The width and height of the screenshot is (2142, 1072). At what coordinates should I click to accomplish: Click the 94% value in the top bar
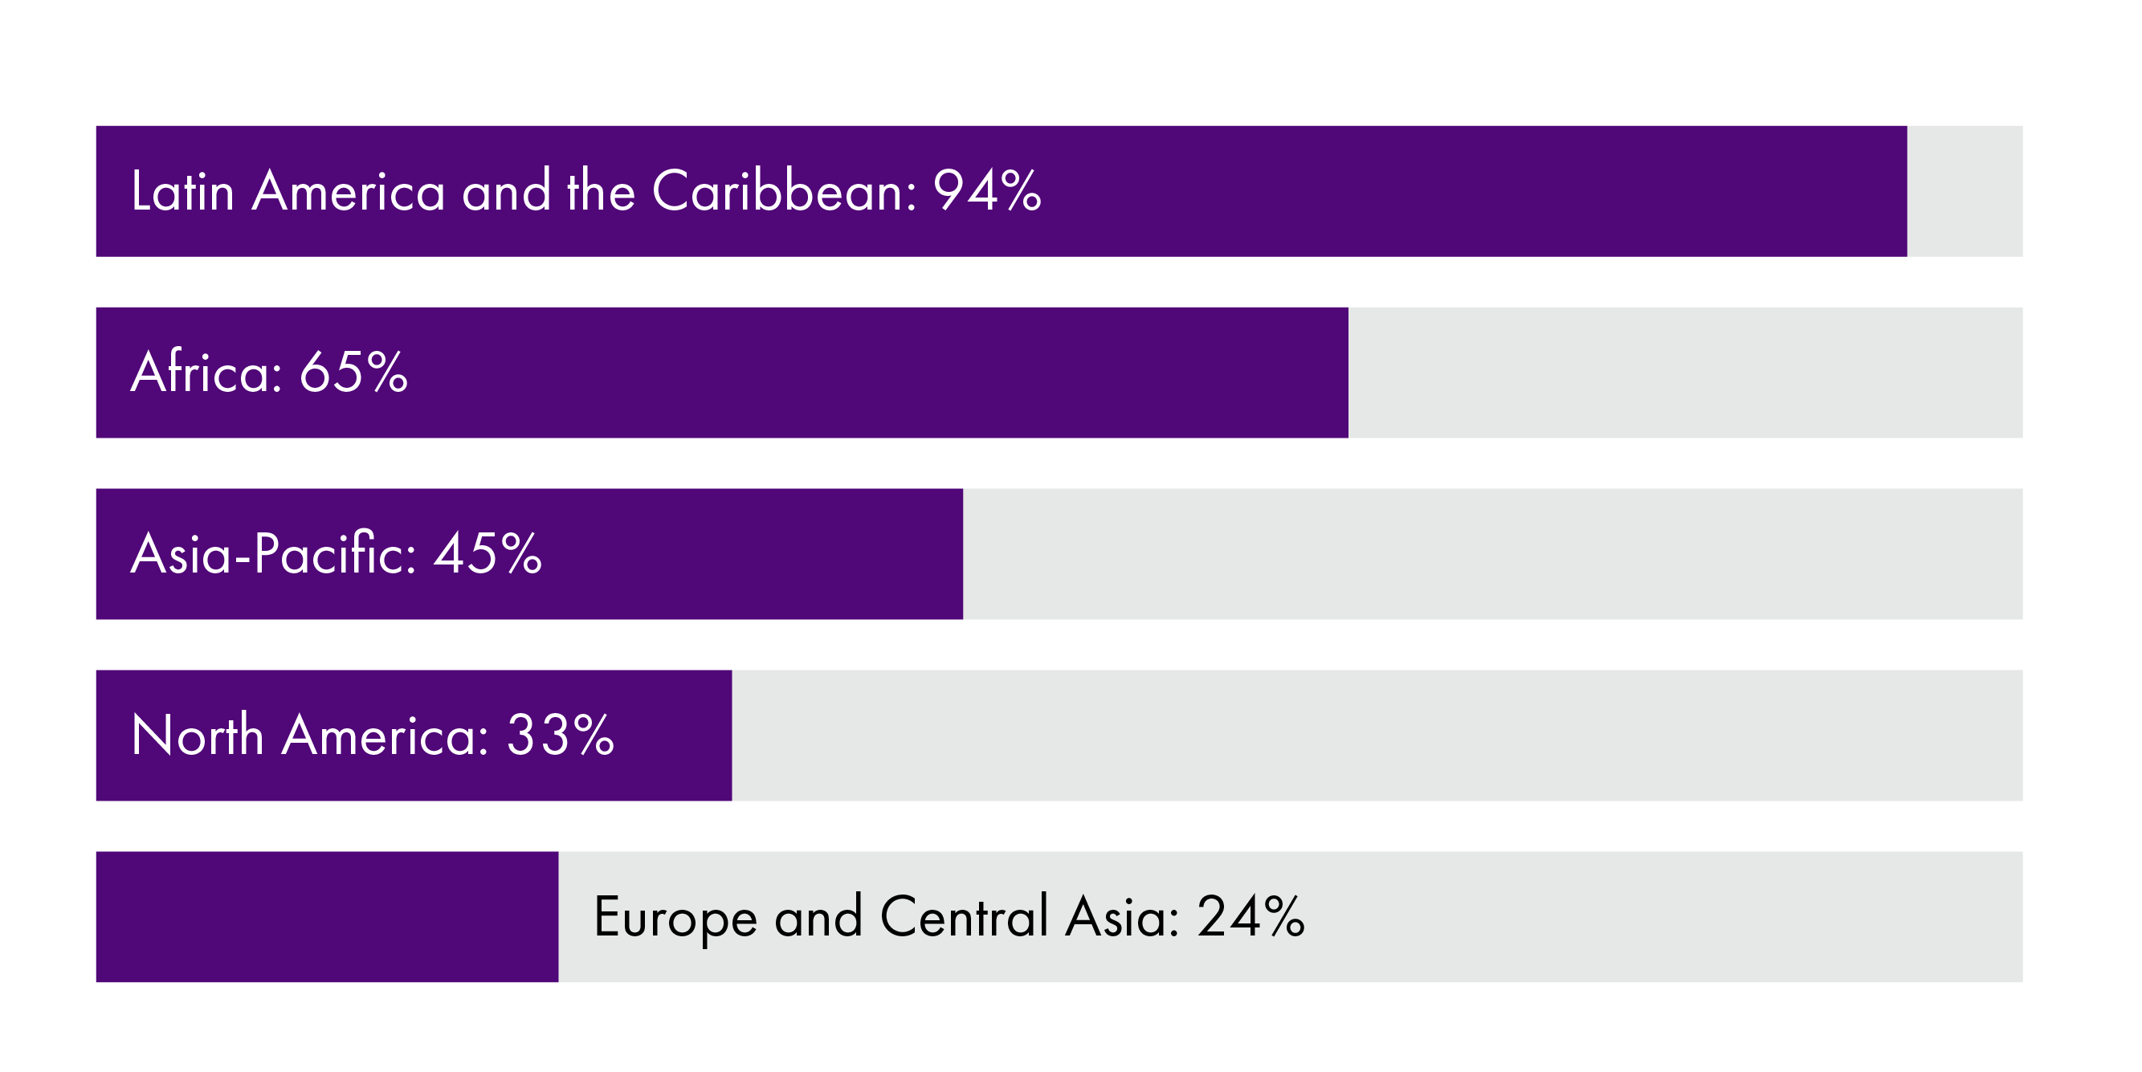(986, 191)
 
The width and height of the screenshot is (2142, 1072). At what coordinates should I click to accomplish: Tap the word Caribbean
(783, 191)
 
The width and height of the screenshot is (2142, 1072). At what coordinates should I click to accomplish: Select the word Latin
(182, 191)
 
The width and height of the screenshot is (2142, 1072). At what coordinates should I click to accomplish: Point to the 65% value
(353, 372)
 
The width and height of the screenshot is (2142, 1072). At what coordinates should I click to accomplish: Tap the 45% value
(488, 554)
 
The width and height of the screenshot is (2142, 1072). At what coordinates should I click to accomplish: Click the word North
(197, 736)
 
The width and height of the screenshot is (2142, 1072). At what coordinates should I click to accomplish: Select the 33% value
(561, 736)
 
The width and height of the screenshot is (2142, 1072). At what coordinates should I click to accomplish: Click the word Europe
(675, 917)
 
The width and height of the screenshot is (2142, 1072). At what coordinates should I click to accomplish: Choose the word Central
(964, 916)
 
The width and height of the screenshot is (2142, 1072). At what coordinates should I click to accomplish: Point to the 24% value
(1250, 916)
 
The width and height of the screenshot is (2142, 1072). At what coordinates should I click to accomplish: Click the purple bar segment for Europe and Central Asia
(327, 916)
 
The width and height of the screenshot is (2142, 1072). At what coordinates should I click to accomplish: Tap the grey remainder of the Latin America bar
(1964, 191)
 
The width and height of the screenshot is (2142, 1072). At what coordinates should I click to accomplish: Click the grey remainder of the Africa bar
(1685, 373)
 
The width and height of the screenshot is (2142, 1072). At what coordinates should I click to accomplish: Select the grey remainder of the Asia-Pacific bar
(1492, 554)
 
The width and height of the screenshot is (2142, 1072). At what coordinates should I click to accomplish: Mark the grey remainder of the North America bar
(1377, 736)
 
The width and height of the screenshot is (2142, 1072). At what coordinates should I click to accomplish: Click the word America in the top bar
(349, 191)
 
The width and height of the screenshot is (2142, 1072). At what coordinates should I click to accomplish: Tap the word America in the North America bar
(385, 736)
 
